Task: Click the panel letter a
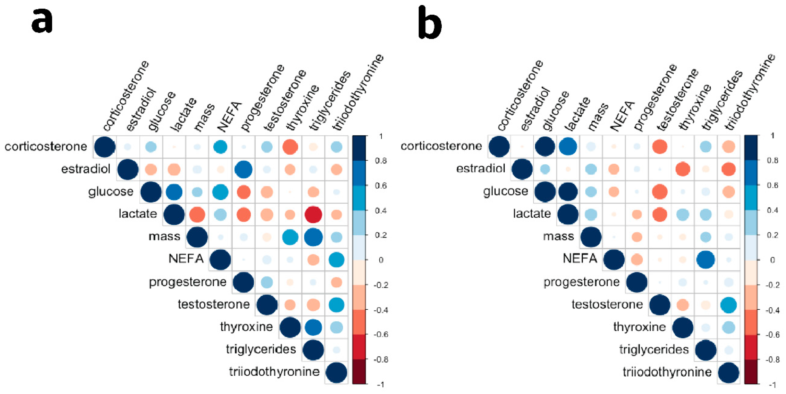pyautogui.click(x=42, y=21)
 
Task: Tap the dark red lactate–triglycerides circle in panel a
pyautogui.click(x=313, y=214)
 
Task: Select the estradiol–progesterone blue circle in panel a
pyautogui.click(x=243, y=169)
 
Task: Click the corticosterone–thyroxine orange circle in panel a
pyautogui.click(x=290, y=147)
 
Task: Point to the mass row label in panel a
pyautogui.click(x=164, y=237)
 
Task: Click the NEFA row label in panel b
pyautogui.click(x=580, y=259)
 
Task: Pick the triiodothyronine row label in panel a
pyautogui.click(x=274, y=372)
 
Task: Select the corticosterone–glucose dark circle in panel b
pyautogui.click(x=545, y=147)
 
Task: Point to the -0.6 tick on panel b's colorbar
pyautogui.click(x=773, y=335)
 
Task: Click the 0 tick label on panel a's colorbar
pyautogui.click(x=381, y=260)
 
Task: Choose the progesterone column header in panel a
pyautogui.click(x=262, y=98)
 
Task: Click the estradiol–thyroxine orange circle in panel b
pyautogui.click(x=683, y=169)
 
